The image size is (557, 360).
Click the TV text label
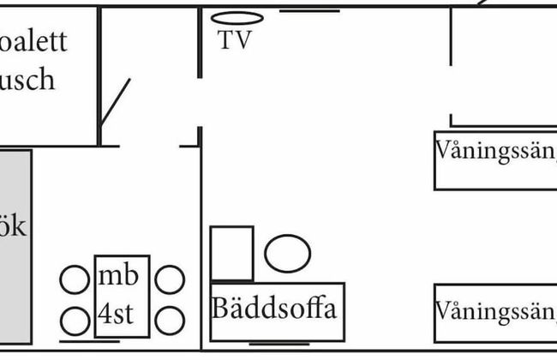pos(235,40)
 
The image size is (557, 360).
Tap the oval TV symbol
pos(237,17)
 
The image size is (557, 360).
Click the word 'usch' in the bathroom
pos(27,79)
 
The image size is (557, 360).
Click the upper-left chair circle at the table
pos(75,279)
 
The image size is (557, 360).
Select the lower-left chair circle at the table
pos(75,321)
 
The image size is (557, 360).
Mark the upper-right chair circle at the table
pos(170,279)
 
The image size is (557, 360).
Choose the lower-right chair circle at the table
pos(170,321)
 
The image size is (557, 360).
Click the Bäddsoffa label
pos(273,308)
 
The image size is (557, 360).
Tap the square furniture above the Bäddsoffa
pos(232,253)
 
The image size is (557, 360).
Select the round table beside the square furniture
pos(287,254)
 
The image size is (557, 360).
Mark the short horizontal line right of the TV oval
pos(309,11)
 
